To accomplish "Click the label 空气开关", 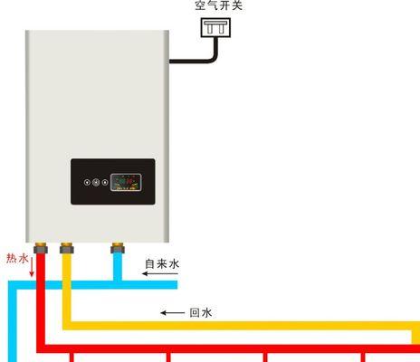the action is tap(218, 5).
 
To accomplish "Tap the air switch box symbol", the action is tap(215, 27).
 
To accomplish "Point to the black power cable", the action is tap(199, 61).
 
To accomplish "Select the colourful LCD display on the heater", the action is tap(126, 182).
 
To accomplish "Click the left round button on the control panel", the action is tap(87, 182).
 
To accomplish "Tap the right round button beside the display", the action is tap(105, 182).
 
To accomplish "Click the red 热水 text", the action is tap(17, 259).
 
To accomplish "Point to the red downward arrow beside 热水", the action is tap(32, 267).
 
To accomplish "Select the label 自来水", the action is tap(162, 263).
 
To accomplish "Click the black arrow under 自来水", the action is tap(160, 274).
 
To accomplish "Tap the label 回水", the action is tap(201, 312).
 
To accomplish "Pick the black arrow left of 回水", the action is tap(172, 313).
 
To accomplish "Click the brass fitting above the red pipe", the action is tap(41, 247).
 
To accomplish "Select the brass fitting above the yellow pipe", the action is tap(67, 247).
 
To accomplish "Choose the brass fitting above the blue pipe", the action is tap(118, 247).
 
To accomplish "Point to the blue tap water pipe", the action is tap(91, 285).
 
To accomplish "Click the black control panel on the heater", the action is tap(113, 182).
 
